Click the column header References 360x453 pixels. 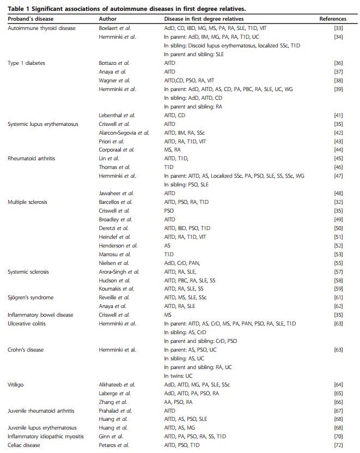tap(332, 19)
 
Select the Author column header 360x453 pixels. tap(107, 19)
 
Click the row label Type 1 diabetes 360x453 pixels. tap(26, 63)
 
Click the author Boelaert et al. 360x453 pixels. tap(114, 28)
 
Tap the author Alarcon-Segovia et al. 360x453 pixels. tap(124, 132)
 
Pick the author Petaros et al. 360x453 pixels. tap(113, 445)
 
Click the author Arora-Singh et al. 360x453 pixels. tap(119, 271)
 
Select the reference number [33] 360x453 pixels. tap(338, 28)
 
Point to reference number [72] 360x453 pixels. tap(338, 445)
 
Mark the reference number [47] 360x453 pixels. tap(338, 176)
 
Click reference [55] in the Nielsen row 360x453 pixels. tap(338, 263)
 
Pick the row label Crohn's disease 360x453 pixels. tap(26, 349)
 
